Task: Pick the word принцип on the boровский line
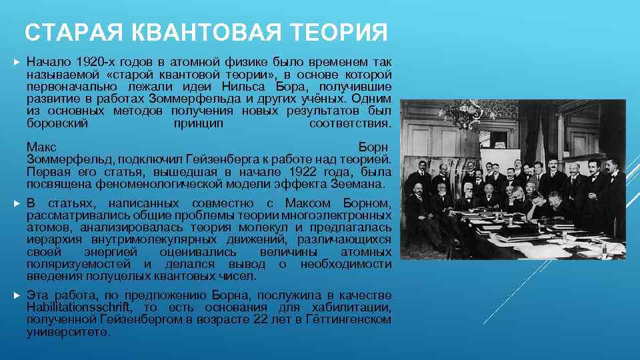(198, 124)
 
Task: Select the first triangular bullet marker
(16, 61)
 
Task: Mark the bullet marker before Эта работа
(16, 295)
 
